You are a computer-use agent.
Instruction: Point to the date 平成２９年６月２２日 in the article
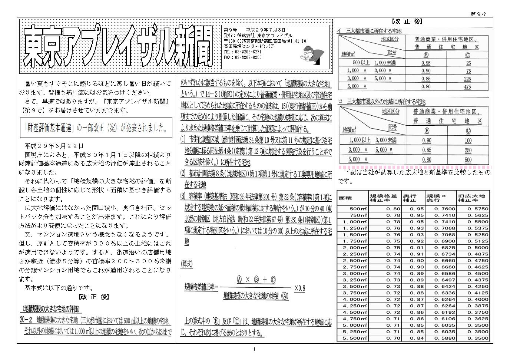click(x=54, y=146)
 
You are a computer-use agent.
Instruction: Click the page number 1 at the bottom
click(x=254, y=349)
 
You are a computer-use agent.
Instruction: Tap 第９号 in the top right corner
click(x=478, y=14)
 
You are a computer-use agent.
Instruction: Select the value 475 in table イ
click(x=467, y=87)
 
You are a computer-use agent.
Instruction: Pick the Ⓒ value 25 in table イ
click(x=468, y=63)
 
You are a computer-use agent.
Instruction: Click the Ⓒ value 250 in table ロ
click(x=468, y=151)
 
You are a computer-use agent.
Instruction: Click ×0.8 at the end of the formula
click(x=299, y=288)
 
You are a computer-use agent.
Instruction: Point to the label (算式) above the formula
click(x=187, y=264)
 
